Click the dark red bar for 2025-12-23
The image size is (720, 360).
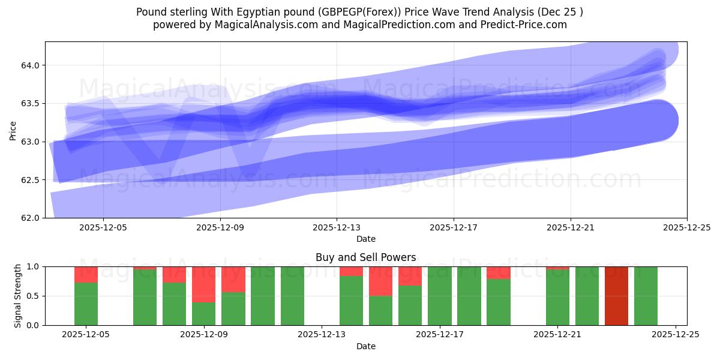(x=616, y=296)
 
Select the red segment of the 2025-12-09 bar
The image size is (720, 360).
(x=204, y=284)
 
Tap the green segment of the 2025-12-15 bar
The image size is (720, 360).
(x=380, y=310)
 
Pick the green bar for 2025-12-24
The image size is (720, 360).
(x=646, y=296)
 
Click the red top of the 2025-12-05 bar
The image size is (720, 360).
(x=86, y=274)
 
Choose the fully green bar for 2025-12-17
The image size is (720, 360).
(x=439, y=296)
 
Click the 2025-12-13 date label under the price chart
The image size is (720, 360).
(x=336, y=227)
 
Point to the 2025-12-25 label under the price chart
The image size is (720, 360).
(x=686, y=227)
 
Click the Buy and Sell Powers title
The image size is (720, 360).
(x=366, y=257)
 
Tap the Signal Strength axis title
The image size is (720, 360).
(x=18, y=296)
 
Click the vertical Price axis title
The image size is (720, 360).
(x=13, y=130)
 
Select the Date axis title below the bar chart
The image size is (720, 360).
(x=366, y=346)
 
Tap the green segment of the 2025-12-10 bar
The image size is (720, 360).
(x=233, y=308)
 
